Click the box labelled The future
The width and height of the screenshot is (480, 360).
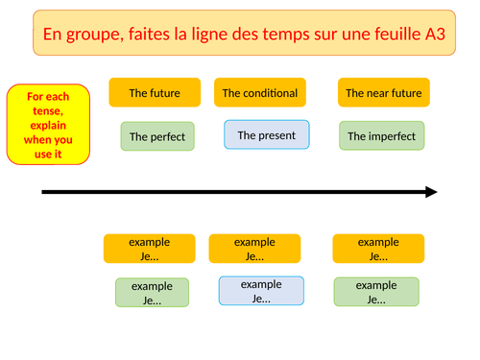(x=155, y=93)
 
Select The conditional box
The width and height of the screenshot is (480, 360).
(x=259, y=93)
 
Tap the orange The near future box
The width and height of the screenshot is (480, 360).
(x=383, y=93)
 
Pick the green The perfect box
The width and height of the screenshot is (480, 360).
(x=158, y=136)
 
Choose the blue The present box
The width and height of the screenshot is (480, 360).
(x=267, y=135)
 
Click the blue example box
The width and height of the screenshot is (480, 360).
(x=261, y=291)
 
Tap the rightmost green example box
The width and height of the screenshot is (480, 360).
(x=376, y=292)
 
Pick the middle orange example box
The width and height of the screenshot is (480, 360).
(x=254, y=249)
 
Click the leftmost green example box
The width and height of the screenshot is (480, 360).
(x=152, y=293)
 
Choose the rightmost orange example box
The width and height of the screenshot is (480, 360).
(x=378, y=249)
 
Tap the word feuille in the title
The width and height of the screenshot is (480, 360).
(x=377, y=36)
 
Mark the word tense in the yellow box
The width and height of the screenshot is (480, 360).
(x=48, y=110)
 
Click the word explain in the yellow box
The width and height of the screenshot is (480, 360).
(x=48, y=125)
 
